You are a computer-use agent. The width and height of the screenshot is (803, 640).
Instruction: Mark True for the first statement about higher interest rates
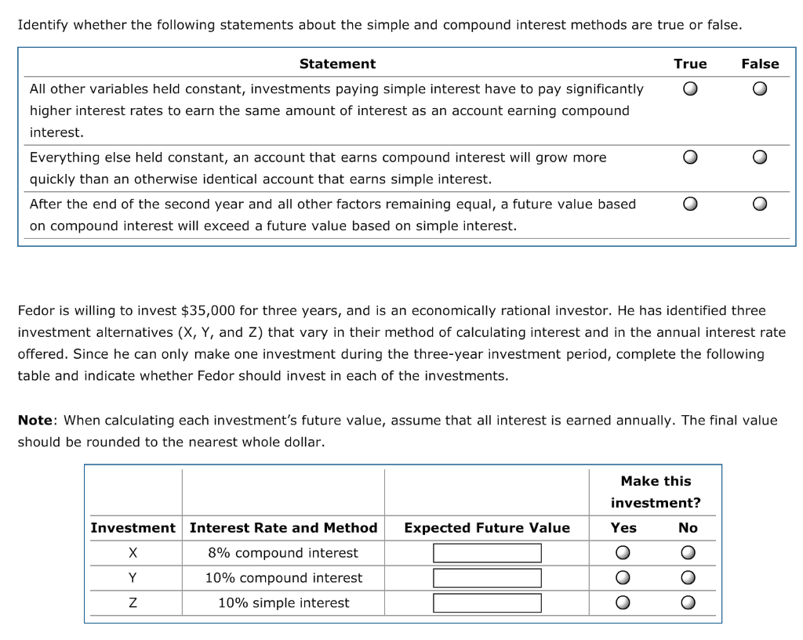(689, 89)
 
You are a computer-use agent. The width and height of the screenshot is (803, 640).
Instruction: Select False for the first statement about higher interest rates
(759, 89)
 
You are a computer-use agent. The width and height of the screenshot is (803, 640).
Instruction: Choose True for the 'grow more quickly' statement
(689, 158)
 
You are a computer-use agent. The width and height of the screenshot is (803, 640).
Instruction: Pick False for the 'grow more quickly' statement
(759, 158)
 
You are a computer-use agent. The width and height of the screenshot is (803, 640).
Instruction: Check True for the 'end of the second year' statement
(689, 205)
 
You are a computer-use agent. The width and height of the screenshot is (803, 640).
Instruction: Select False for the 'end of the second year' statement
(759, 205)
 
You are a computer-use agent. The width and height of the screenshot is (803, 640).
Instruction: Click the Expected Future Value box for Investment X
(487, 553)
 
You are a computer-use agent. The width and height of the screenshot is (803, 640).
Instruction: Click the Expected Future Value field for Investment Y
(487, 578)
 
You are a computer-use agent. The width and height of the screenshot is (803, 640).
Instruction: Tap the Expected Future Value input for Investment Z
(487, 603)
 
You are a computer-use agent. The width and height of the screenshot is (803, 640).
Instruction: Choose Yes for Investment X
(623, 554)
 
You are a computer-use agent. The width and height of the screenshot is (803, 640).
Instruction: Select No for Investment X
(688, 554)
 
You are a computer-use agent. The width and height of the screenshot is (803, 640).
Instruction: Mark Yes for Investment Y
(623, 579)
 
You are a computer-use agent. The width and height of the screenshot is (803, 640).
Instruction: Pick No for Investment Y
(688, 579)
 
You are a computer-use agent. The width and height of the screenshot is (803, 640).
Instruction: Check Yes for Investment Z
(623, 604)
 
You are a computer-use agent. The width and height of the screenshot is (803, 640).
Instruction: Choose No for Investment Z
(688, 604)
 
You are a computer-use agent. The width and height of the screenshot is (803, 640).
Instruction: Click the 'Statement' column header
(337, 64)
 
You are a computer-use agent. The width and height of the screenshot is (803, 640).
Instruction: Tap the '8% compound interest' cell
(283, 553)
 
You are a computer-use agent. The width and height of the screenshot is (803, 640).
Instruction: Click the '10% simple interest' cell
(283, 603)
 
